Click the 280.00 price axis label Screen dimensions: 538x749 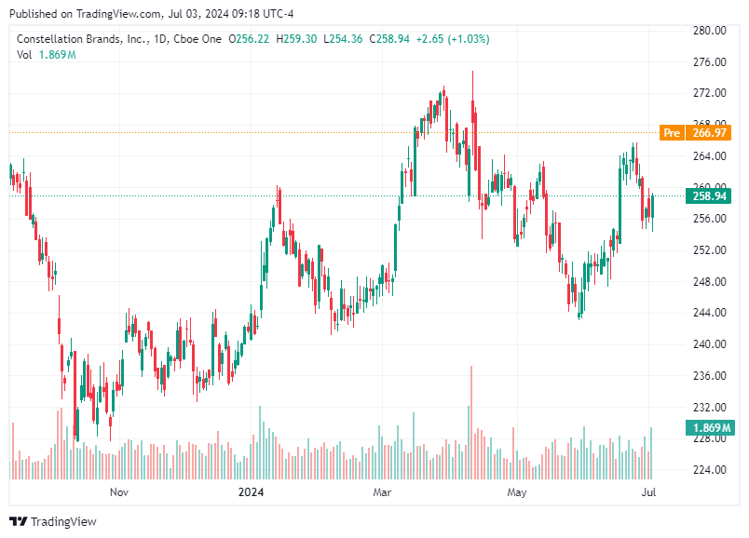click(709, 31)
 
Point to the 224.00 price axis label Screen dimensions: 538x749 click(709, 470)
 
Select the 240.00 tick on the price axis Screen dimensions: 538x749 click(709, 344)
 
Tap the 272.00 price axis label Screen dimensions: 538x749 click(709, 94)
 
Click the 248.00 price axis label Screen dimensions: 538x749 click(709, 282)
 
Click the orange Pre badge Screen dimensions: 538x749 click(671, 133)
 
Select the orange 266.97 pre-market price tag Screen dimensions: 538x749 click(709, 133)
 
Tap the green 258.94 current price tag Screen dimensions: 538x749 click(709, 196)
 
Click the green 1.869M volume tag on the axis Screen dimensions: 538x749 click(709, 428)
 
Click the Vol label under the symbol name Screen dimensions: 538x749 click(24, 55)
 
